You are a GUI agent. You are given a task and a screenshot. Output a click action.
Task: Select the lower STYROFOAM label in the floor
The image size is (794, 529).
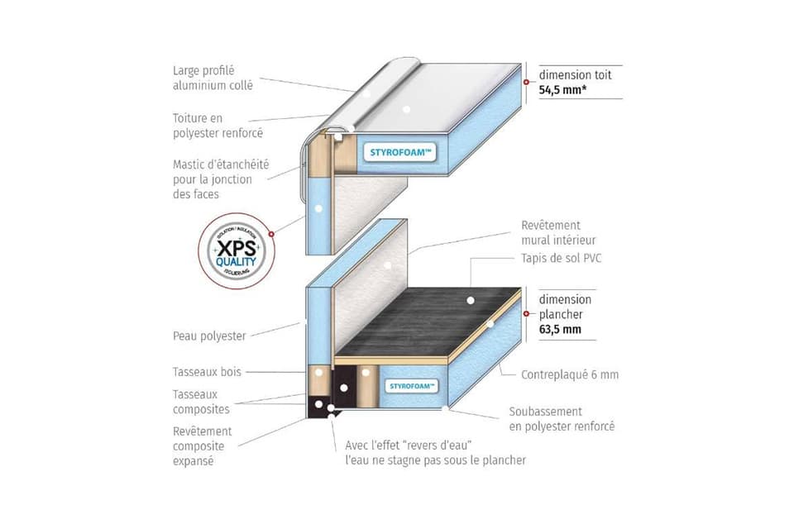[411, 385]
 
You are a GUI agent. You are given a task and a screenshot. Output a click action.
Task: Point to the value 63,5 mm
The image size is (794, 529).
[560, 329]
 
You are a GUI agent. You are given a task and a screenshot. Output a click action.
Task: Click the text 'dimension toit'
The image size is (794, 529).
[575, 74]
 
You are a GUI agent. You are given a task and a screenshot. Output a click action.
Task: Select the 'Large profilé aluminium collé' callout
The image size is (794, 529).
[213, 78]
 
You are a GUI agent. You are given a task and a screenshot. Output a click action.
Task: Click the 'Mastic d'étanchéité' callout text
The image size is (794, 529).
[220, 179]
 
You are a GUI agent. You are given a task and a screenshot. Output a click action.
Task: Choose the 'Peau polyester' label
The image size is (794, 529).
[209, 336]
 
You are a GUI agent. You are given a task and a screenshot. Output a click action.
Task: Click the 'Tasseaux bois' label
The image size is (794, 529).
[207, 372]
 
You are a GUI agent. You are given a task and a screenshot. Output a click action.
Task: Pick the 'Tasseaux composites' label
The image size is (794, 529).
[201, 402]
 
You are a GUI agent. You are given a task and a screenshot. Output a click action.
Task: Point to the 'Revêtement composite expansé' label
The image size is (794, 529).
[202, 446]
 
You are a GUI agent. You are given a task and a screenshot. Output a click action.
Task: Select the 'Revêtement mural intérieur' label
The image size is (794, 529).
[562, 232]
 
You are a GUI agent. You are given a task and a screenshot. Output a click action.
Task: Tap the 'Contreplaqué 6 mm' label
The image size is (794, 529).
[569, 374]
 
